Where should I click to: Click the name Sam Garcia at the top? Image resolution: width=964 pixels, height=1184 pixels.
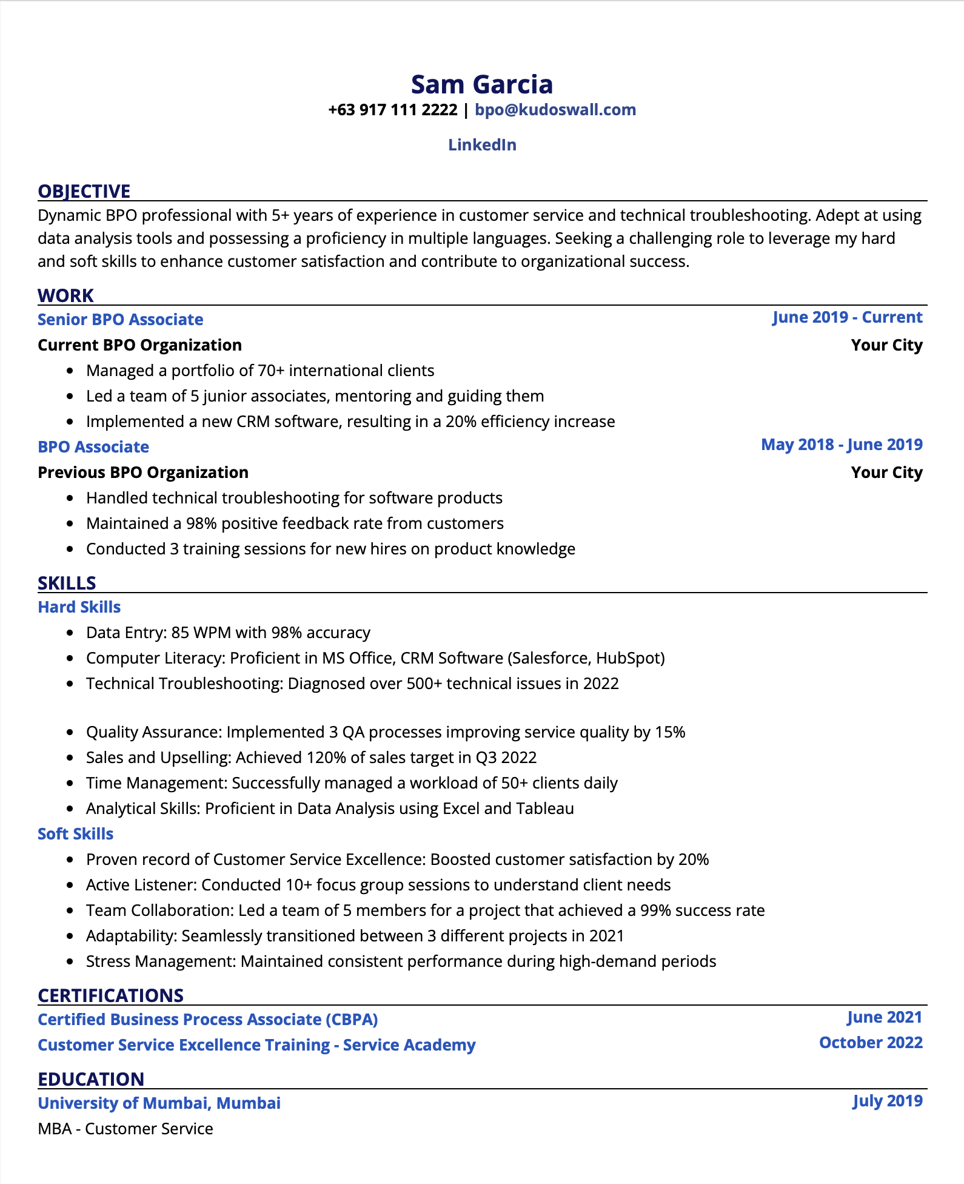481,84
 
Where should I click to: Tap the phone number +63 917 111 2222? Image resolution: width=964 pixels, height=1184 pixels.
392,110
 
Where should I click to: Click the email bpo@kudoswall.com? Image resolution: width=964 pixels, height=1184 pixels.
555,110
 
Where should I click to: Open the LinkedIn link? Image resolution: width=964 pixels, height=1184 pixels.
482,145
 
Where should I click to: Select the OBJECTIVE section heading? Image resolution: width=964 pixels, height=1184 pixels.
84,191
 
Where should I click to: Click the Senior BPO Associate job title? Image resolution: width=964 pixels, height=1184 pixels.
120,320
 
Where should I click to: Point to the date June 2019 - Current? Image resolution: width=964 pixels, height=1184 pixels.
846,317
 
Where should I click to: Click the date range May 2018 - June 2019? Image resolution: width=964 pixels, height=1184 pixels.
841,445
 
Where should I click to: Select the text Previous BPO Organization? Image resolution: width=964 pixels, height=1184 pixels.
142,473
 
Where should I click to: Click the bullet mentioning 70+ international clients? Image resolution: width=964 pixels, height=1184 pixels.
260,371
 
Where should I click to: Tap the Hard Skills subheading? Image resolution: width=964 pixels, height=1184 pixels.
79,607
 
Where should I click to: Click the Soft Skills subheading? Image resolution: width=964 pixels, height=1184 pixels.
75,834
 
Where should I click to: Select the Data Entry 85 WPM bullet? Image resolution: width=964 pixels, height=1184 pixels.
227,633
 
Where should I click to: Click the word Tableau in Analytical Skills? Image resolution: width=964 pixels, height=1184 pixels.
544,809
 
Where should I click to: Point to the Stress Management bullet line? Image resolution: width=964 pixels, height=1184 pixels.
400,961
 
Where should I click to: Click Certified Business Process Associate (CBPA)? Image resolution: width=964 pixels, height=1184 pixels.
207,1020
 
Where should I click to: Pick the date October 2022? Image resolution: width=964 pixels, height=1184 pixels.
870,1043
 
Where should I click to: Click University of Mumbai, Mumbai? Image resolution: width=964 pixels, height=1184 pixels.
159,1103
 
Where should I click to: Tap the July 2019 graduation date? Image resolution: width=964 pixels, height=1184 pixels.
887,1101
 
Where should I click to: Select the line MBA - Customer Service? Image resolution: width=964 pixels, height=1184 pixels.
125,1129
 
